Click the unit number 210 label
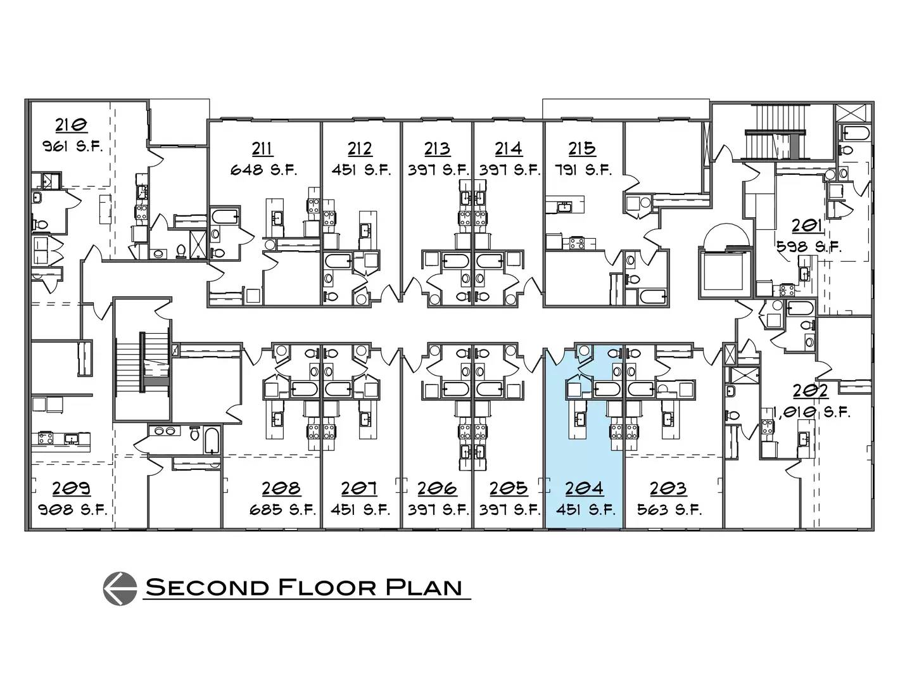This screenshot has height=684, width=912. (x=71, y=125)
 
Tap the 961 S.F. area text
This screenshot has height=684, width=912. (x=72, y=146)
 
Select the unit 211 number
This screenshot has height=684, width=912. (x=262, y=148)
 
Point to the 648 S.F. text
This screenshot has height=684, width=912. (x=263, y=170)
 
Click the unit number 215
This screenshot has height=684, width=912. (x=581, y=148)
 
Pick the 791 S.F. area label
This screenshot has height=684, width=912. (x=583, y=170)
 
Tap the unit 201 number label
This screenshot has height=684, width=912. (x=807, y=225)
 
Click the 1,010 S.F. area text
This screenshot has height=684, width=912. (x=811, y=412)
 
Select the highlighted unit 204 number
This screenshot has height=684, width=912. (x=584, y=488)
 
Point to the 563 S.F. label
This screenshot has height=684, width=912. (x=669, y=510)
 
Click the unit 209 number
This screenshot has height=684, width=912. (x=72, y=488)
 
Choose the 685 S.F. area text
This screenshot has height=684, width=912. (x=282, y=510)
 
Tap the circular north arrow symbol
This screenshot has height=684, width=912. (x=120, y=588)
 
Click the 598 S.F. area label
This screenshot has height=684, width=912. (x=809, y=247)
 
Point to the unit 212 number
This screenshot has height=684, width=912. (x=360, y=148)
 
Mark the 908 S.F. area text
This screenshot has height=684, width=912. (x=73, y=510)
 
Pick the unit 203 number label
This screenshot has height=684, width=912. (x=668, y=488)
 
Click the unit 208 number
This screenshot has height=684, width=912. (x=281, y=488)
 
